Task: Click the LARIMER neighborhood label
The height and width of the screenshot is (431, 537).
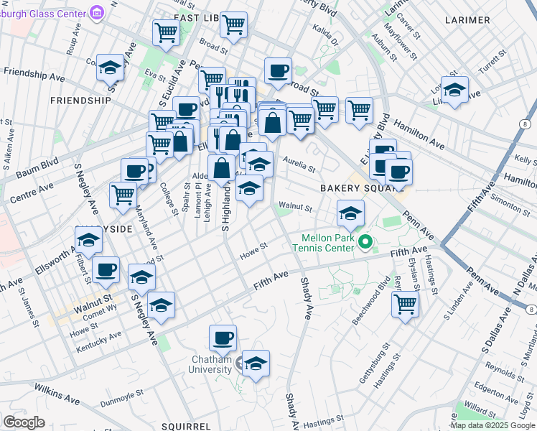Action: (x=467, y=19)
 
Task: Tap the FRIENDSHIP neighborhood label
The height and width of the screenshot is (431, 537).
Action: (x=80, y=101)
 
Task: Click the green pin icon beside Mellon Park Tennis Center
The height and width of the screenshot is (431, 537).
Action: (x=365, y=243)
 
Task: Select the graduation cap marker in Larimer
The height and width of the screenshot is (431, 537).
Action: (x=454, y=90)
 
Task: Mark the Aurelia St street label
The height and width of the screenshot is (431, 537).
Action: (x=299, y=164)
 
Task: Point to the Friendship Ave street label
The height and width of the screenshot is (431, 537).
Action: (x=34, y=74)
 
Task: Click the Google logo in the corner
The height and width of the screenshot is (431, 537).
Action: (x=24, y=422)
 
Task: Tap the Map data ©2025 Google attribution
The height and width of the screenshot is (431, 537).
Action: (x=492, y=425)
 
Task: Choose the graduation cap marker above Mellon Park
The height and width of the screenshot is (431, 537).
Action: (x=350, y=213)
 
